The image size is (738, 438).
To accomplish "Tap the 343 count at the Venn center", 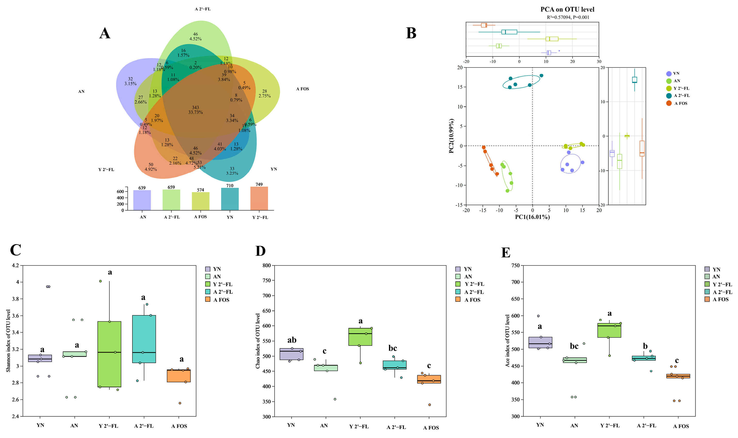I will [195, 108].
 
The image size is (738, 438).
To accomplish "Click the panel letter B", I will [411, 33].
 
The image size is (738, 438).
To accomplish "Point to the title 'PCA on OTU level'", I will [567, 10].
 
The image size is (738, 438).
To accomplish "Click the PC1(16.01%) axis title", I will [532, 217].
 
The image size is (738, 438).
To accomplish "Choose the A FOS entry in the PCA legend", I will [680, 103].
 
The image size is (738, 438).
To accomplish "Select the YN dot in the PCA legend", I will [669, 74].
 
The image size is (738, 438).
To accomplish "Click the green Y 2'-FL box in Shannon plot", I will [109, 354].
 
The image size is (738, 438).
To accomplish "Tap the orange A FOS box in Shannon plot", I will [179, 376].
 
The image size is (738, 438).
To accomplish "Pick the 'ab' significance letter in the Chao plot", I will [292, 340].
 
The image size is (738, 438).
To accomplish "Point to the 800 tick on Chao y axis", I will [267, 265].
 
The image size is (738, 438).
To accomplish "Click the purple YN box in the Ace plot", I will [540, 342].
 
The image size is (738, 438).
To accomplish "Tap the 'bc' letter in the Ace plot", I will [574, 346].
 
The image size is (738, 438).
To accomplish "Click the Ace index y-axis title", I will [507, 341].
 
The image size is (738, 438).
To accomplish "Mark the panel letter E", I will [506, 253].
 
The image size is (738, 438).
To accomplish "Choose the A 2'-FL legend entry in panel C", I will [222, 292].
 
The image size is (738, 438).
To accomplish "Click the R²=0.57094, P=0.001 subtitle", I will [568, 17].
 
